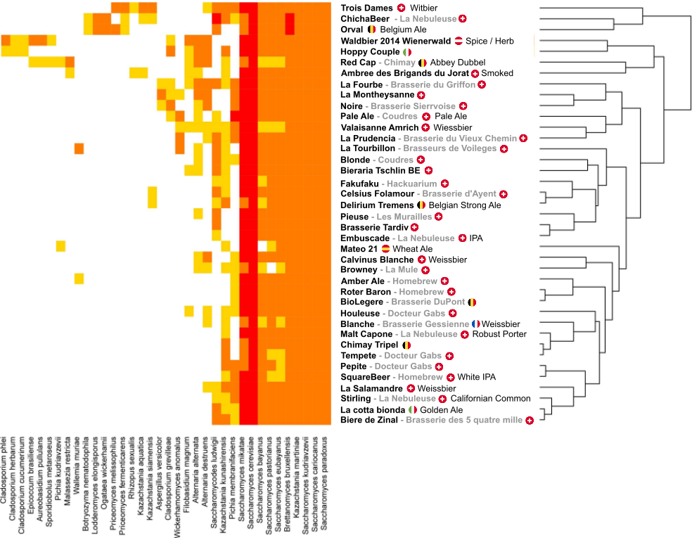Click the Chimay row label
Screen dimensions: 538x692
coord(399,63)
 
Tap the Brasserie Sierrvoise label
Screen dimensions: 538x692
coord(414,106)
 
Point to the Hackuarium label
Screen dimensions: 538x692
coord(411,184)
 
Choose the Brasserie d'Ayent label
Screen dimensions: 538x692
coord(459,193)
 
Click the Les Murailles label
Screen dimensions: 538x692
coord(404,217)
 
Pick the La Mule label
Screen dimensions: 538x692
coord(401,269)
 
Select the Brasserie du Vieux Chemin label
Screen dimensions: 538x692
coord(460,139)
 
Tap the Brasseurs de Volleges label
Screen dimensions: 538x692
coord(449,148)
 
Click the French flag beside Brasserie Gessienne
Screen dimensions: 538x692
coord(476,324)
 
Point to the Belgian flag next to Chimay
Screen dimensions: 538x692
coord(423,63)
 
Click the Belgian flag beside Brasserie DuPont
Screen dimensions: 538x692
coord(473,302)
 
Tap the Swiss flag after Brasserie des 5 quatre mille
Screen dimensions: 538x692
coord(529,421)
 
